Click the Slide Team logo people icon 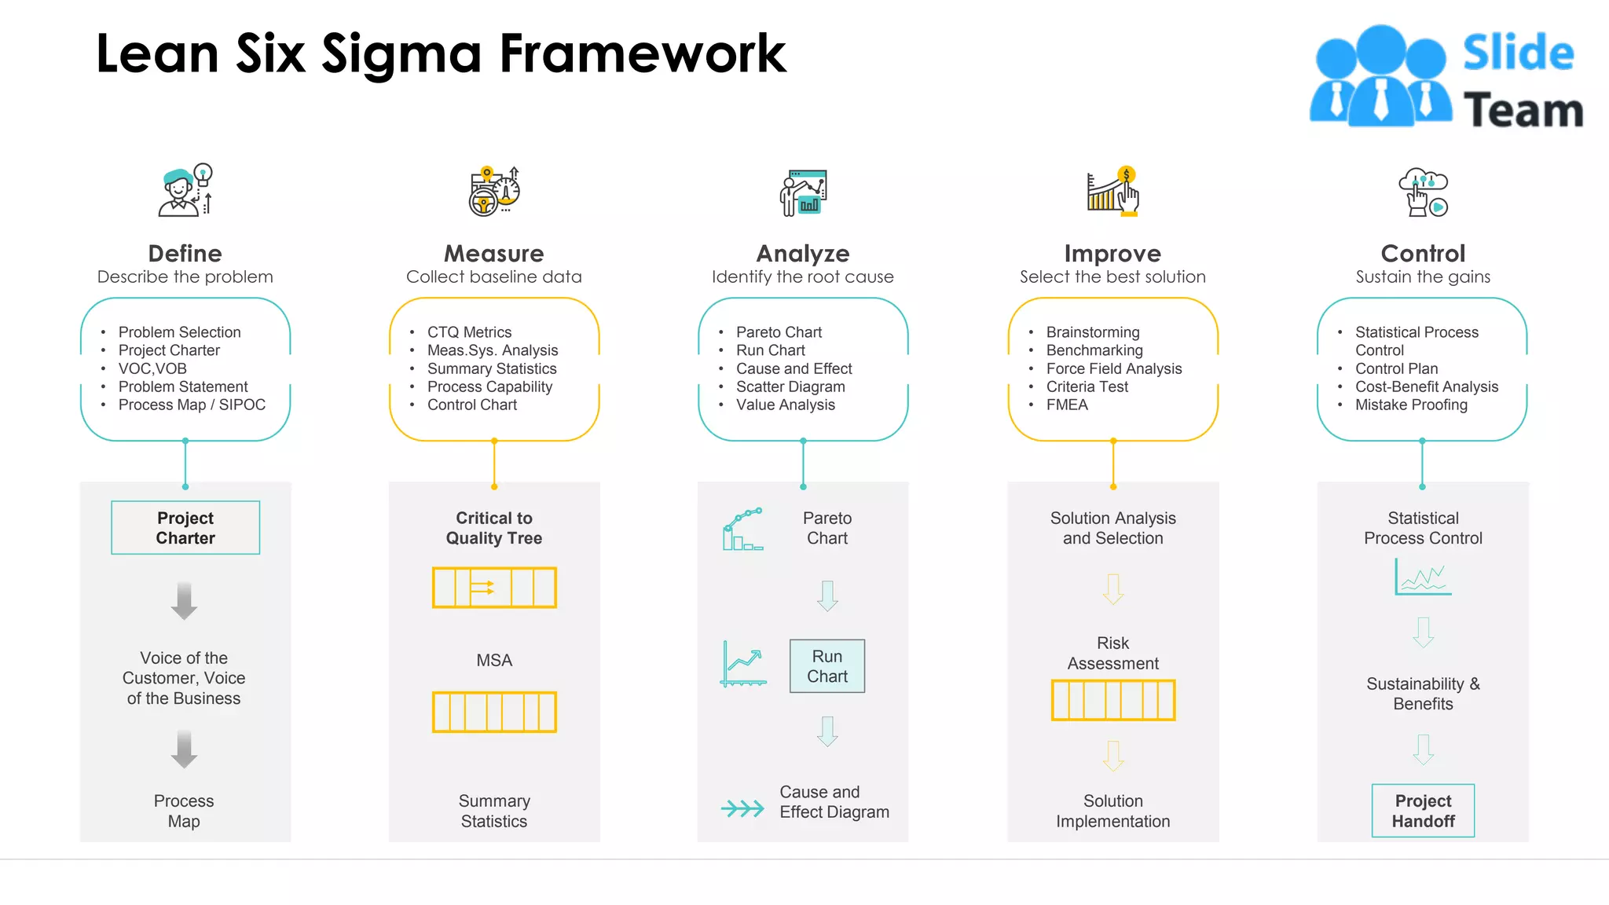coord(1380,77)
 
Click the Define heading coord(185,253)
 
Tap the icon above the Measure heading coord(494,191)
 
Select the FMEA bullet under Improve coord(1067,405)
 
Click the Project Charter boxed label coord(185,528)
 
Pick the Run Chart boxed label coord(827,666)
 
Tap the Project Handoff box coord(1423,811)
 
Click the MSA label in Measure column coord(494,661)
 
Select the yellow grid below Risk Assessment coord(1113,700)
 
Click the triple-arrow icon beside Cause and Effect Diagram coord(742,808)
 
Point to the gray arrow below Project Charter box coord(185,601)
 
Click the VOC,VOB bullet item coord(152,368)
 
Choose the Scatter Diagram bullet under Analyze coord(790,387)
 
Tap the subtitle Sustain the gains coord(1423,277)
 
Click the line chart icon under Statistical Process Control coord(1423,577)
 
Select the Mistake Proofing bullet coord(1411,405)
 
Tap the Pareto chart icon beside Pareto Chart coord(742,529)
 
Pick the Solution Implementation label coord(1113,811)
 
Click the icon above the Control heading coord(1423,192)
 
